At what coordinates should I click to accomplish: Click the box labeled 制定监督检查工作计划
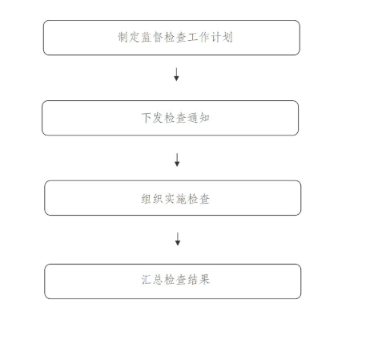tap(171, 38)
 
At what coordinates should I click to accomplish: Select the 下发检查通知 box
tap(170, 118)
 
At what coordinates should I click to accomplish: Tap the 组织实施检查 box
tap(173, 198)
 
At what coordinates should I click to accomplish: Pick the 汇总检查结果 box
tap(173, 281)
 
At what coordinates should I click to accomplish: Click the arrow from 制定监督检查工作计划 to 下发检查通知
tap(176, 75)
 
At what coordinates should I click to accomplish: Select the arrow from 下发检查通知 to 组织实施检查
tap(177, 160)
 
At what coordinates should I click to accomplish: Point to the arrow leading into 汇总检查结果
tap(178, 239)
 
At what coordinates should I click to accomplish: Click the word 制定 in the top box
tap(129, 37)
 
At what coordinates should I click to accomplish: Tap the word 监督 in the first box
tap(152, 37)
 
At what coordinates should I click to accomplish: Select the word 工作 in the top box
tap(199, 37)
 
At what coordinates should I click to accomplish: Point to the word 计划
tap(222, 37)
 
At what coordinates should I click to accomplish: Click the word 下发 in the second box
tap(152, 118)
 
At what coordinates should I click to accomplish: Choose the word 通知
tap(199, 118)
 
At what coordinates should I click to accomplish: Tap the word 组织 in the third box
tap(152, 199)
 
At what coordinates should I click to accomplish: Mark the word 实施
tap(175, 199)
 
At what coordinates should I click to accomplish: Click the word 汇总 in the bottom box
tap(152, 280)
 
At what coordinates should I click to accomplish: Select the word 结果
tap(199, 280)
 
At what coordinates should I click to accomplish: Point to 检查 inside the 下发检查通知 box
tap(175, 118)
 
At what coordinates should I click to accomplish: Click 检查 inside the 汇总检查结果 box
tap(175, 280)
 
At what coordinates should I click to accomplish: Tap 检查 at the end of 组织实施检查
tap(199, 199)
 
